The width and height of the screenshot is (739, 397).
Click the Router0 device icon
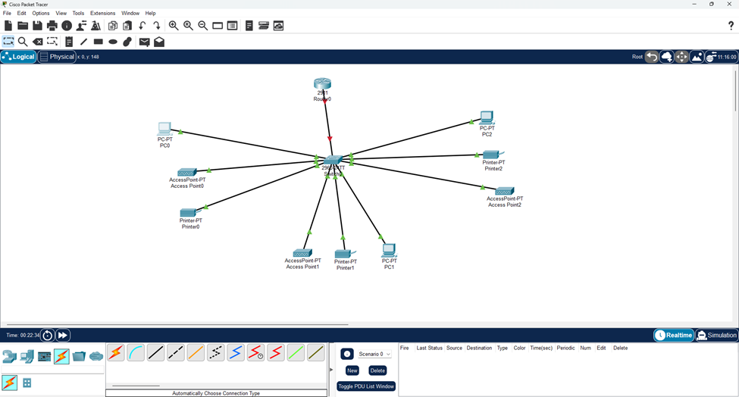pos(323,83)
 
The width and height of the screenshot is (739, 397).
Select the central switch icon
pos(333,160)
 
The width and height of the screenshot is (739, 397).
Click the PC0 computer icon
pos(164,129)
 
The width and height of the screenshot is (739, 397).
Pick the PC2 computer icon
pos(487,117)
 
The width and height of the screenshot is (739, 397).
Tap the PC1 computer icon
pos(389,250)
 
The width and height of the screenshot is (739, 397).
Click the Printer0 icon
pos(189,212)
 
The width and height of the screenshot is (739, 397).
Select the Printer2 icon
pos(493,155)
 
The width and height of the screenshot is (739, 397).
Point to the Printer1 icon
pos(345,253)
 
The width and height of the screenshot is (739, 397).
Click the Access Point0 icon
pos(186,172)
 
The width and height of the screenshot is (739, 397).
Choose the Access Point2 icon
pos(504,191)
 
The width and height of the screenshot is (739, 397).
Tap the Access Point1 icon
pos(302,252)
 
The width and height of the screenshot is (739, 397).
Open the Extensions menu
pos(102,14)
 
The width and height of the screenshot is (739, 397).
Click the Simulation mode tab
pos(716,335)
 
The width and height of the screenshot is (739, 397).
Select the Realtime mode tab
pos(674,335)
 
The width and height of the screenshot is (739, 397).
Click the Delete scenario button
pos(377,370)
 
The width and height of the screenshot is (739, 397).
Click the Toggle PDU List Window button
pos(366,386)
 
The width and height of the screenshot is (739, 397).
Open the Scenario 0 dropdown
pos(375,354)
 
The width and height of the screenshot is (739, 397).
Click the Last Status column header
pos(429,348)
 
